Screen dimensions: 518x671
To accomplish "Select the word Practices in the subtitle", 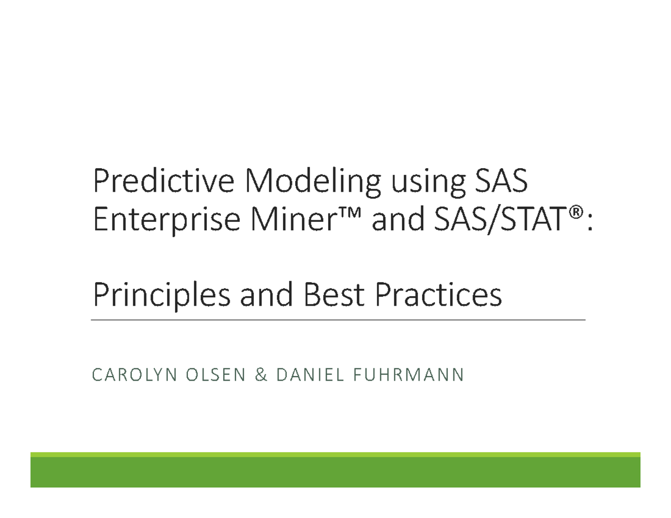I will pyautogui.click(x=438, y=296).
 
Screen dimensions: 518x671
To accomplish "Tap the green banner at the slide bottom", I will pyautogui.click(x=335, y=471).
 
